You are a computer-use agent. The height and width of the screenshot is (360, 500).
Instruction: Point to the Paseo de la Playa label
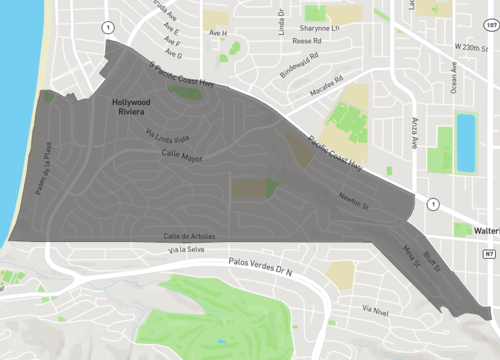click(x=46, y=167)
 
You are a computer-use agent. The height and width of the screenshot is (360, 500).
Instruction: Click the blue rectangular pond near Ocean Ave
click(x=466, y=142)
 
